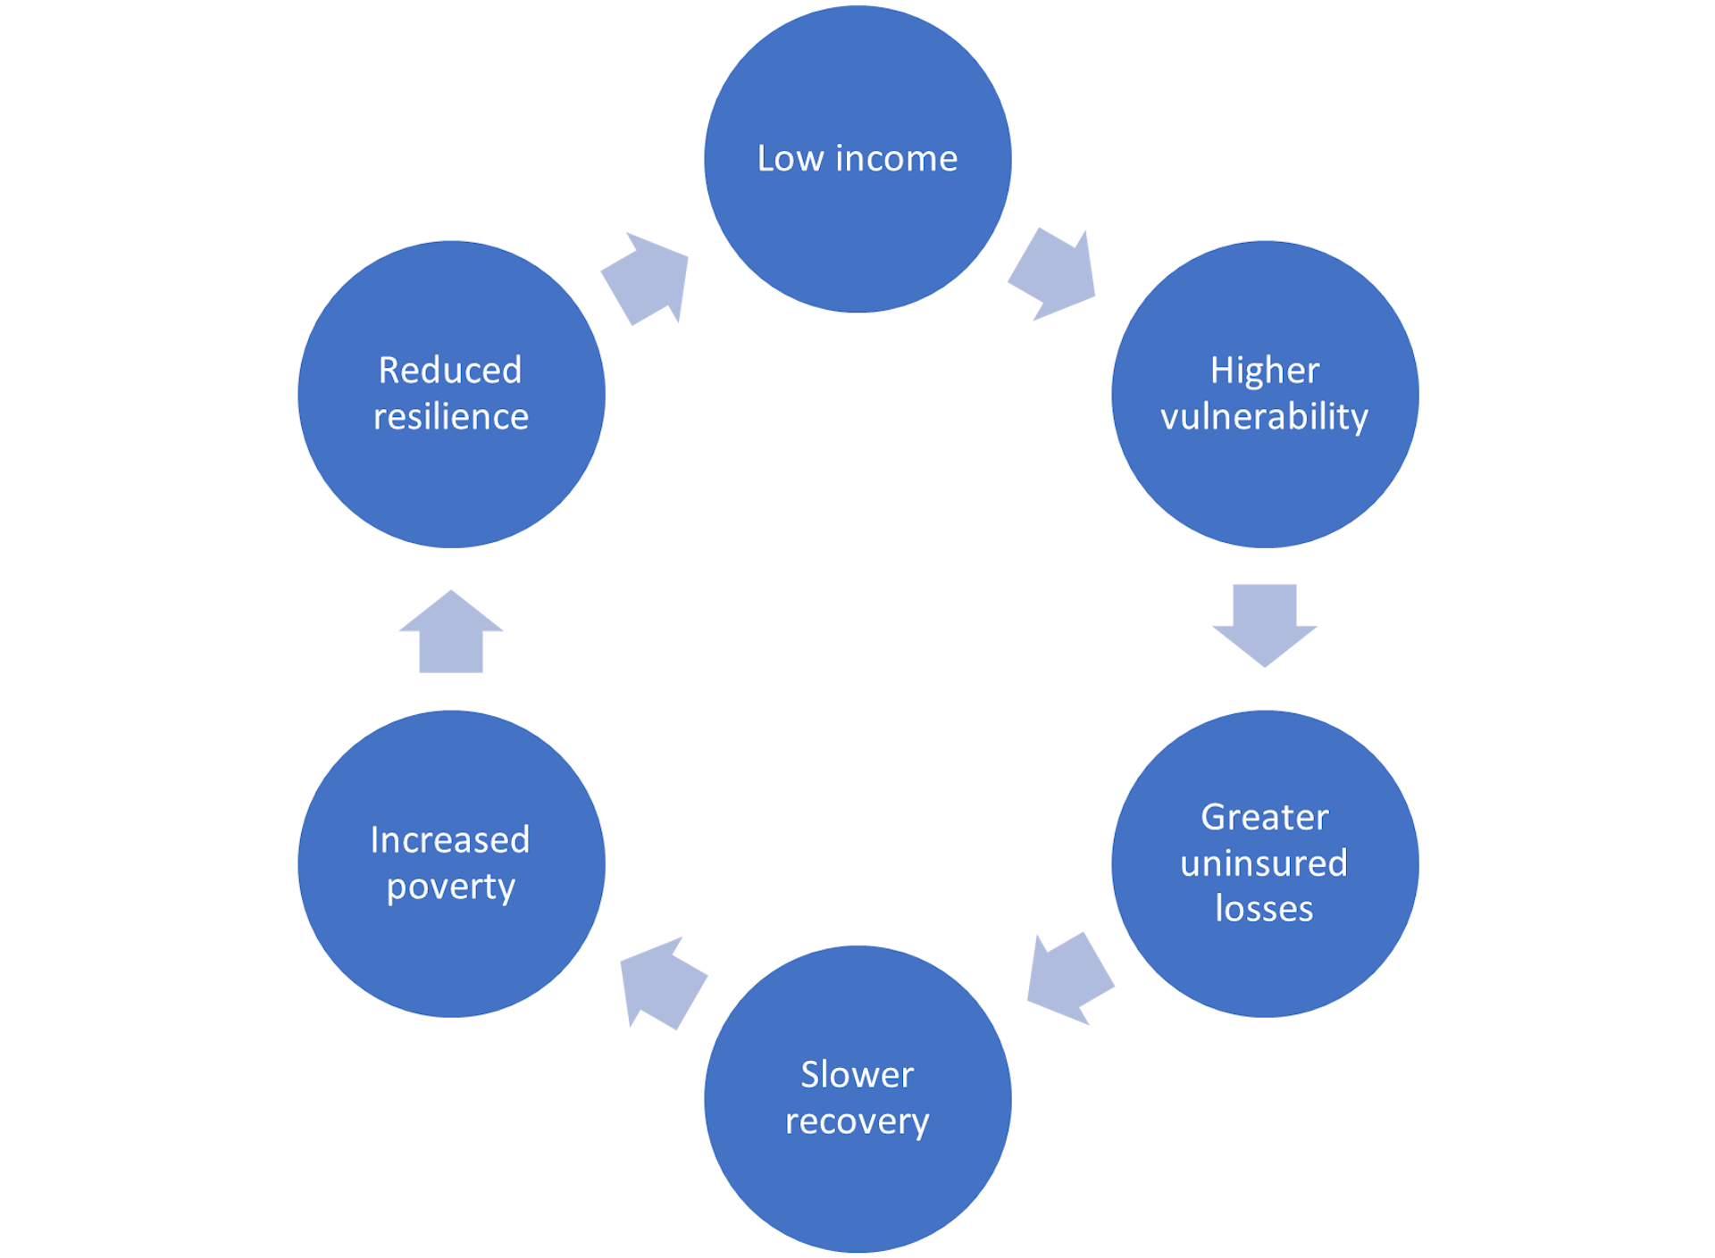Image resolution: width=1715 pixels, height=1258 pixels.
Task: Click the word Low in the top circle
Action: click(790, 159)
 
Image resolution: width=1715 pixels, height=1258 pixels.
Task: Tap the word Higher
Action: click(1264, 371)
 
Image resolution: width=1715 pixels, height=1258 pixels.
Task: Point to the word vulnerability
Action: click(1264, 417)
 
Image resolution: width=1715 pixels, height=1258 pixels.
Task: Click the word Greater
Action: click(1264, 817)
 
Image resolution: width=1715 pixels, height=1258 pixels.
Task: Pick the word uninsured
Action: click(1264, 863)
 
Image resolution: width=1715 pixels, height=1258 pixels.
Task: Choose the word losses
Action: click(1264, 909)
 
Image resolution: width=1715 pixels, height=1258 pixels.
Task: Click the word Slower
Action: click(857, 1075)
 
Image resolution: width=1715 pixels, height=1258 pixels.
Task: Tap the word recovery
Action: click(857, 1121)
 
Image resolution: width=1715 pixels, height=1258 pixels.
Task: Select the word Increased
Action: click(450, 840)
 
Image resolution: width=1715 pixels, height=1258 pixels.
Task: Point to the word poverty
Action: click(450, 887)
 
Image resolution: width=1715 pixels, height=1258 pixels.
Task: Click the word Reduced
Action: click(450, 371)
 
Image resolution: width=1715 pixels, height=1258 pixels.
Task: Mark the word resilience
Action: click(450, 417)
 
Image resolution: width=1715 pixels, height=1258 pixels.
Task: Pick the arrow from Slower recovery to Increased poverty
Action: click(661, 982)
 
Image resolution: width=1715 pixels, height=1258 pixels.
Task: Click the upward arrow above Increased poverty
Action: click(450, 632)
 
